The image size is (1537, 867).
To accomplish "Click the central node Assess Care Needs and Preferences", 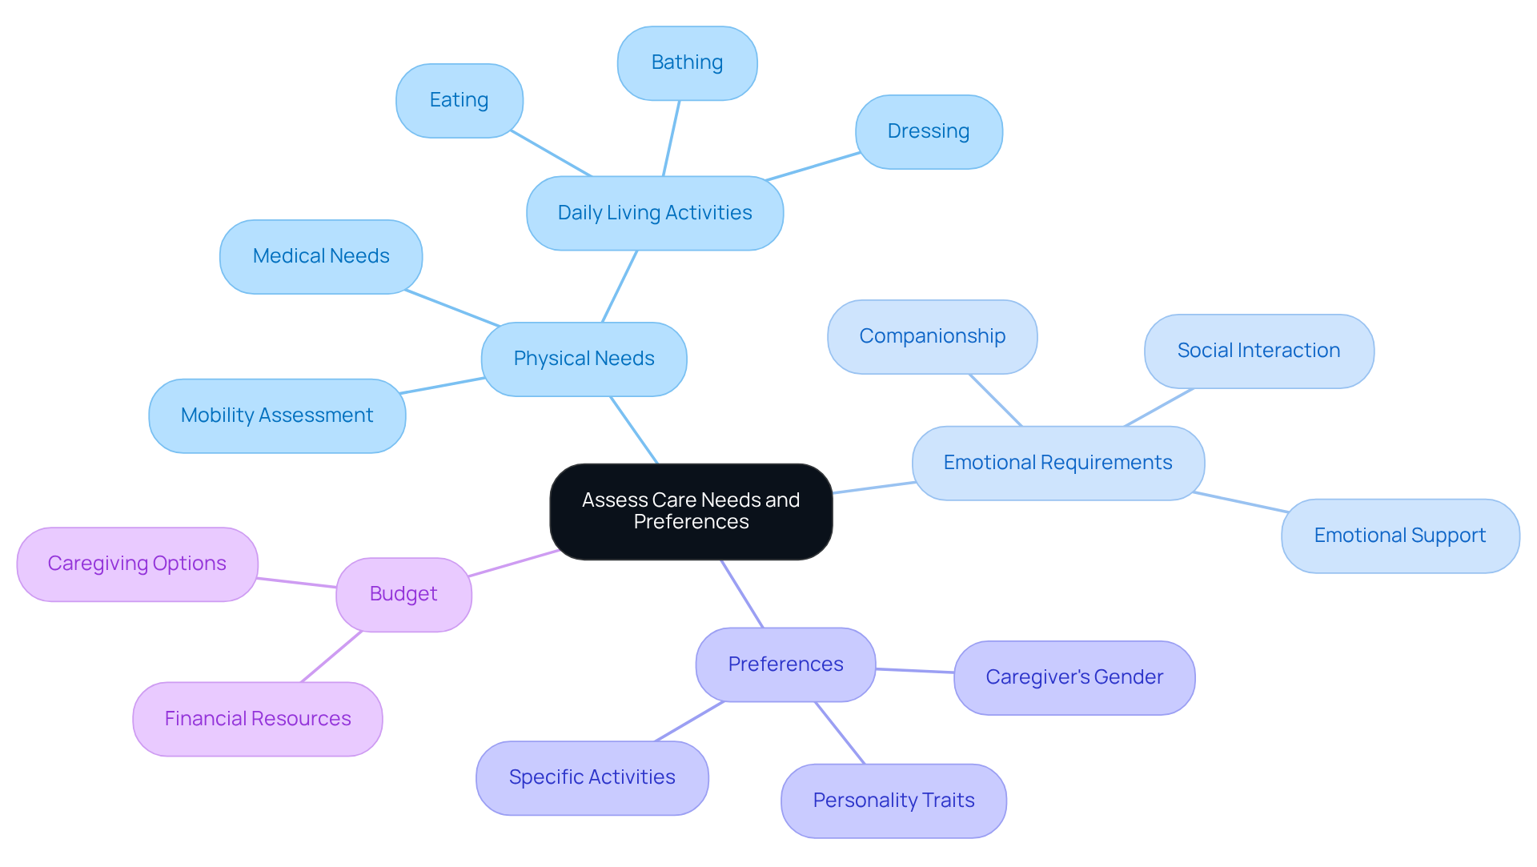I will [x=691, y=511].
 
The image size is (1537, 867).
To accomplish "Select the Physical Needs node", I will [x=584, y=359].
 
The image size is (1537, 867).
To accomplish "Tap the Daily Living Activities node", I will [x=654, y=213].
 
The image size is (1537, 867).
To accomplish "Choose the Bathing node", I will [x=687, y=62].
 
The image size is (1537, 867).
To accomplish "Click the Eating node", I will [x=459, y=100].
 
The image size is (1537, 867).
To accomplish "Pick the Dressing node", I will [x=928, y=131].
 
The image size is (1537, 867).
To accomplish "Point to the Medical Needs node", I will [x=321, y=256].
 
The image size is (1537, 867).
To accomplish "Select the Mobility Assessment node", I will [x=277, y=415].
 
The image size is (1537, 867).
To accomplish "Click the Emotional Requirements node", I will [x=1057, y=463].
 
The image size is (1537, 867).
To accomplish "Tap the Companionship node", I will [x=932, y=336].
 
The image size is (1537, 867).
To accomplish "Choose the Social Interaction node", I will [x=1258, y=351].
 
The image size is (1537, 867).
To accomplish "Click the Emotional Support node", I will [x=1399, y=536].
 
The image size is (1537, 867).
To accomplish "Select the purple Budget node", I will [x=403, y=594].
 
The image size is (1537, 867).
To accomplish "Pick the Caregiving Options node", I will [x=137, y=564].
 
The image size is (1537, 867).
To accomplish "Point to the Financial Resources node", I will [x=258, y=719].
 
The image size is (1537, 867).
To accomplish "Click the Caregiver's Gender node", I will [x=1073, y=677].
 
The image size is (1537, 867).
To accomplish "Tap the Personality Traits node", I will [x=893, y=801].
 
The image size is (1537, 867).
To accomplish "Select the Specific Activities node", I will [x=592, y=777].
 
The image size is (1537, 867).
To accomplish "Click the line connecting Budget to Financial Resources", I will [x=331, y=656].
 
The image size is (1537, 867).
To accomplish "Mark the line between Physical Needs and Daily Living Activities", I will [x=620, y=287].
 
